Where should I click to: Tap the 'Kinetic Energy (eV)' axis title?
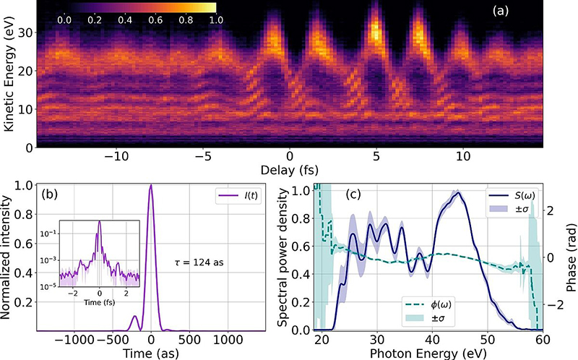(10, 76)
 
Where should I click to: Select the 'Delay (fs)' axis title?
(289, 171)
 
